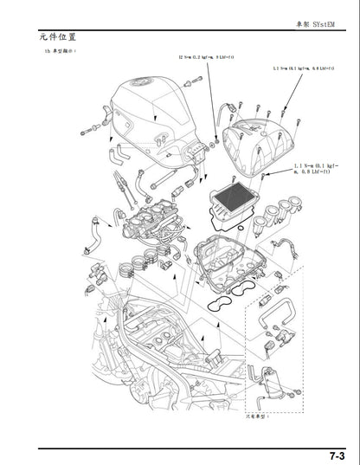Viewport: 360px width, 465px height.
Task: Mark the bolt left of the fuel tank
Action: [89, 131]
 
